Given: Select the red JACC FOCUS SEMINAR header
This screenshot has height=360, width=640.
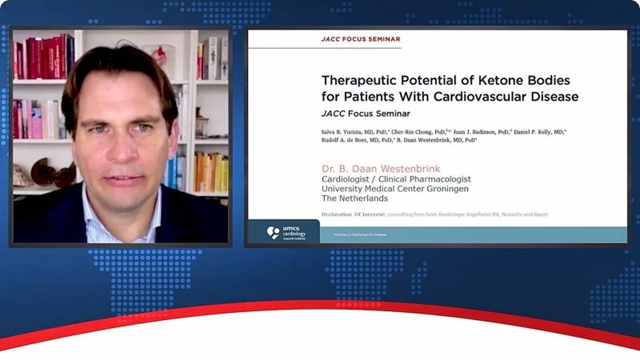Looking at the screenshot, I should coord(360,39).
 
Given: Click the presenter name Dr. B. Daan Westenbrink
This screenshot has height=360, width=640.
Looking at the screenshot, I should coord(381,169).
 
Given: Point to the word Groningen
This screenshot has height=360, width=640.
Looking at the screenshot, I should coord(444,189).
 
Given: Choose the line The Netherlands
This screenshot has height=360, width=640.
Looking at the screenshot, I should coord(354,199).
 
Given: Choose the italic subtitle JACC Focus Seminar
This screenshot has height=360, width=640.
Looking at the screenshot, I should coord(366,114).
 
